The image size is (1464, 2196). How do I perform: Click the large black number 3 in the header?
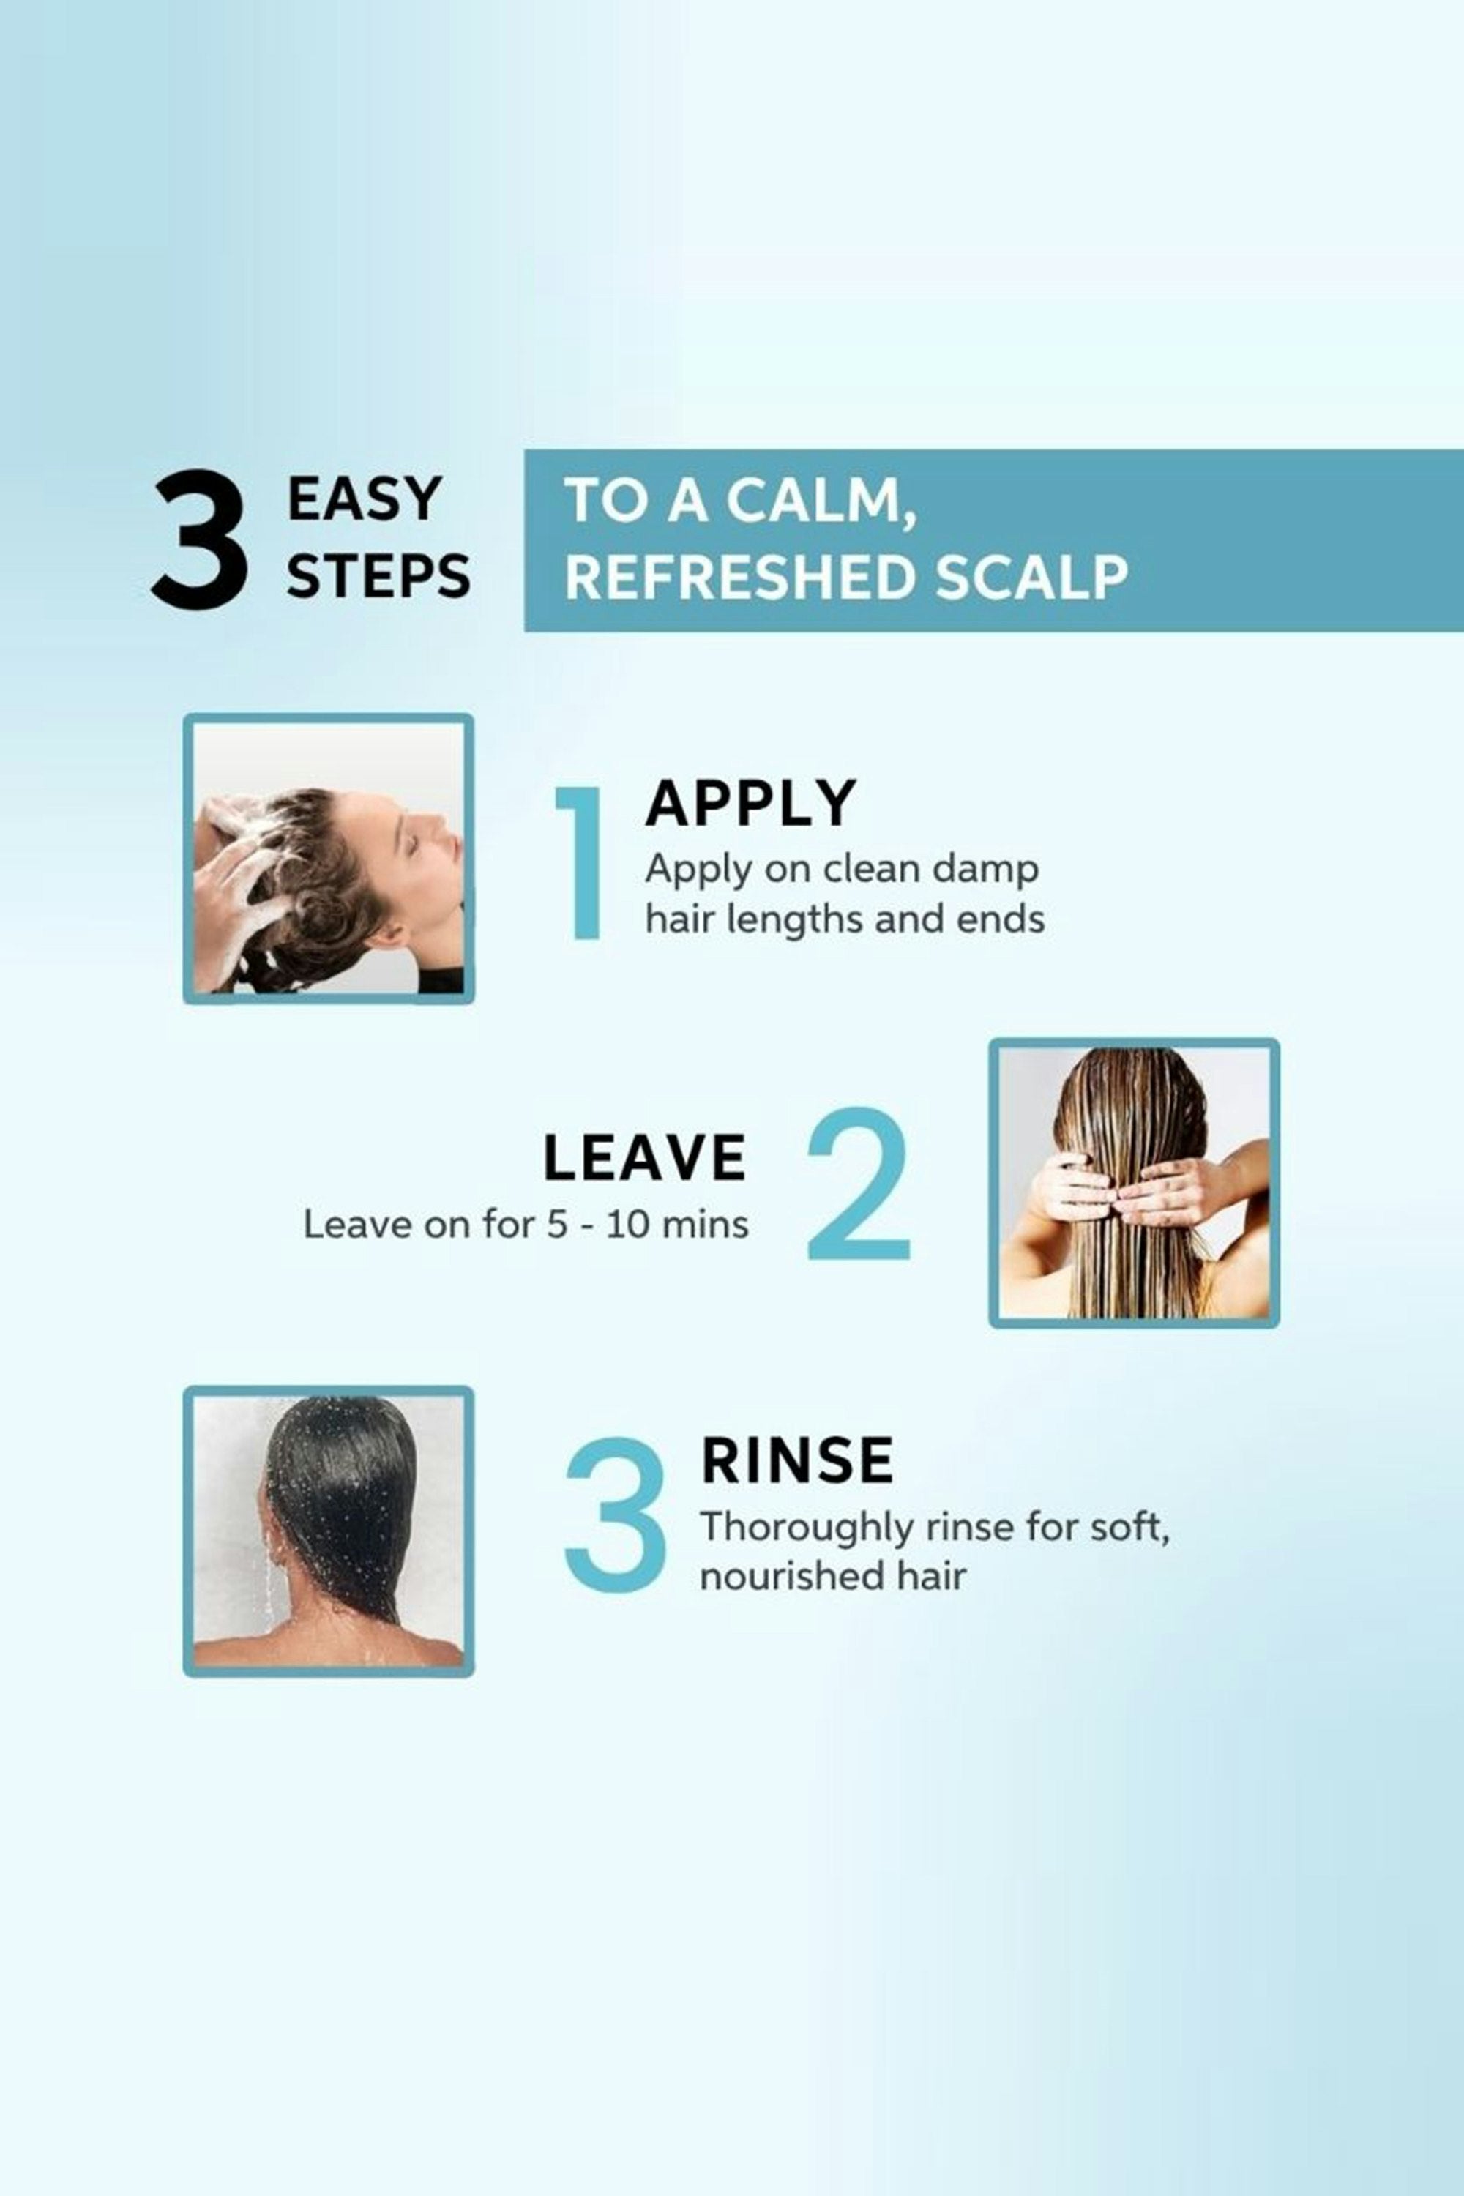point(200,539)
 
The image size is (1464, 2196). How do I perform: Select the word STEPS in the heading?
point(378,576)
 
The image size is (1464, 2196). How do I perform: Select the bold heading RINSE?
point(796,1460)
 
